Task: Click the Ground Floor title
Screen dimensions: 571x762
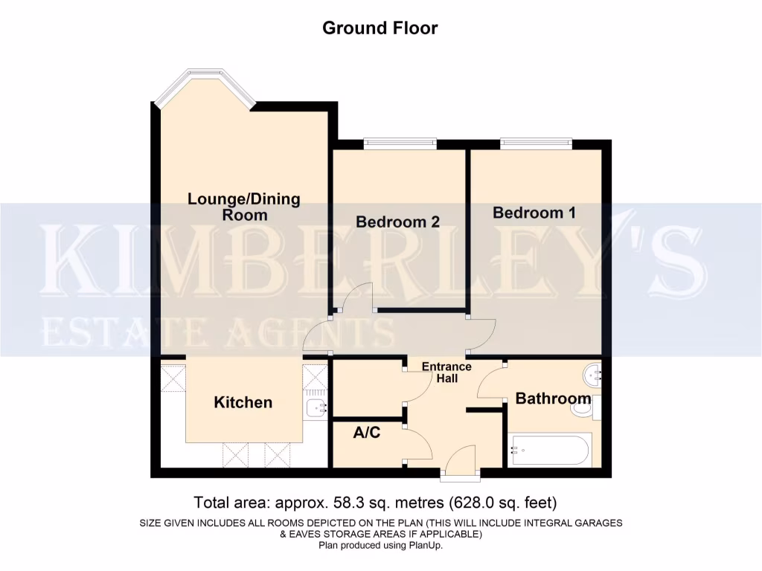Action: [380, 28]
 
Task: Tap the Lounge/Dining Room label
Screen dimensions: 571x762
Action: [243, 207]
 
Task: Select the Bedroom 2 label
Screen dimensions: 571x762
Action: [397, 222]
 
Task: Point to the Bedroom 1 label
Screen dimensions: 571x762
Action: [534, 213]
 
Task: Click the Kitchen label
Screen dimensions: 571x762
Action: [243, 402]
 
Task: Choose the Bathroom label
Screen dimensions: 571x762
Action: [553, 399]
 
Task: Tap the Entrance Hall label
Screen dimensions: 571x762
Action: [446, 372]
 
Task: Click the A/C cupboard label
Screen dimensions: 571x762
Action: [367, 432]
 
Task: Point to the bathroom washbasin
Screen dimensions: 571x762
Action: [592, 375]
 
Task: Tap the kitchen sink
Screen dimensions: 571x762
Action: [315, 407]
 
